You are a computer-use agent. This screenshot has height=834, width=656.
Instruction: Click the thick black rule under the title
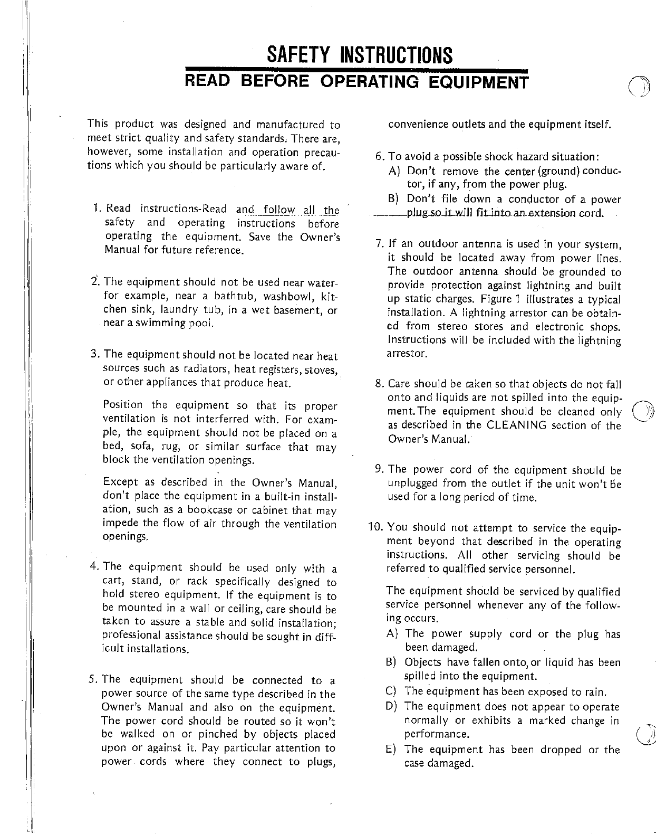356,70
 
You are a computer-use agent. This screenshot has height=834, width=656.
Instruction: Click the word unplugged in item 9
413,484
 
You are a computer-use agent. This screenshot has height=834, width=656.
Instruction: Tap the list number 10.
375,528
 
